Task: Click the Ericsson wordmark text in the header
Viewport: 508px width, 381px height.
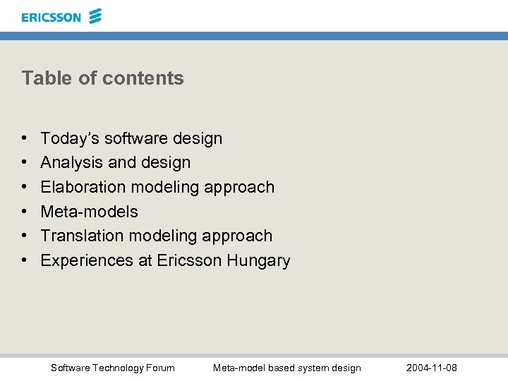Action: tap(51, 17)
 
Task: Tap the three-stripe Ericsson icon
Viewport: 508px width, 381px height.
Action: tap(95, 16)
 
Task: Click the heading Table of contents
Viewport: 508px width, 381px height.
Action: tap(102, 78)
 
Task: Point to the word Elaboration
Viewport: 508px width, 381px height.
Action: tap(81, 187)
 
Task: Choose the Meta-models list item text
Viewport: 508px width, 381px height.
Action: tap(89, 212)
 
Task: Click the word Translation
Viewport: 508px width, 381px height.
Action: tap(80, 236)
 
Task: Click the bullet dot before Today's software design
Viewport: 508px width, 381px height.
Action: tap(24, 139)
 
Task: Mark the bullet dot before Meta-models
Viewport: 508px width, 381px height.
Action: tap(24, 212)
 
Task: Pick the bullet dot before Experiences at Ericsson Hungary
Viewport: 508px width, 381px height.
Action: tap(24, 260)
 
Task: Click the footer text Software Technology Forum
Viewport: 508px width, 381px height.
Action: tap(113, 368)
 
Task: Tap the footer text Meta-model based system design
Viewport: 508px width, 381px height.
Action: tap(286, 368)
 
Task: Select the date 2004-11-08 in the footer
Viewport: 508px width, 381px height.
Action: tap(432, 368)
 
